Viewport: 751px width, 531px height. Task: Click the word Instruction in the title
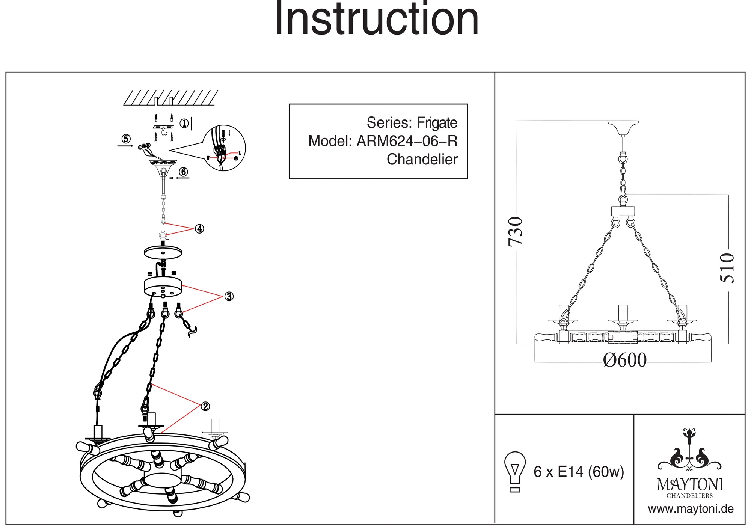click(x=377, y=19)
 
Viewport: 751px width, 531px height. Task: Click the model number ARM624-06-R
click(x=407, y=141)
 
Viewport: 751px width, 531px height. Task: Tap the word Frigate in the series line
click(x=437, y=123)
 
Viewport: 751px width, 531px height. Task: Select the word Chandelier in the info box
click(x=422, y=160)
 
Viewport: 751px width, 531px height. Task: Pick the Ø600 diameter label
click(x=625, y=360)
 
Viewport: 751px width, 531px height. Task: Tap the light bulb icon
click(x=515, y=471)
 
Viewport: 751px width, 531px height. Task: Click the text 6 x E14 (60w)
click(x=579, y=472)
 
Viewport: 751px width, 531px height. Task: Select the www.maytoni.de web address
click(x=691, y=509)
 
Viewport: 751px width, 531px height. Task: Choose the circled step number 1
click(x=184, y=123)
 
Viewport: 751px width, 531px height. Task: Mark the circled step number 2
click(x=205, y=406)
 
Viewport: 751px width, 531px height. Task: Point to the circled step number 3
click(x=229, y=297)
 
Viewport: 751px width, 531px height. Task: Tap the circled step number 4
click(x=199, y=229)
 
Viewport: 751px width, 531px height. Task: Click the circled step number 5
click(x=126, y=139)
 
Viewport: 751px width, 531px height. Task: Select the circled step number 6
click(x=183, y=172)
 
